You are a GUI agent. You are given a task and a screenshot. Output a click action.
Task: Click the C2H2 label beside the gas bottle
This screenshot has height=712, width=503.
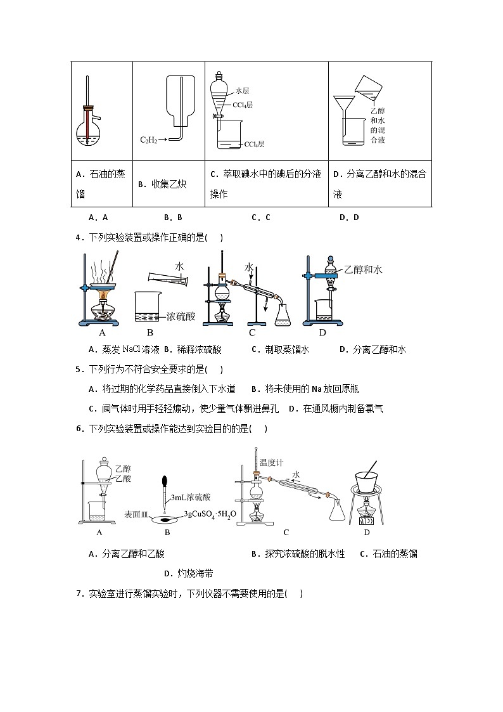tap(149, 139)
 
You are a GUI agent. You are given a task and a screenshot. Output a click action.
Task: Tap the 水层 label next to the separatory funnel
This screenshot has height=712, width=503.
tap(242, 91)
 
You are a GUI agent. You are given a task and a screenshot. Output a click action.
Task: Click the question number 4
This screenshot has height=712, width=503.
tap(79, 238)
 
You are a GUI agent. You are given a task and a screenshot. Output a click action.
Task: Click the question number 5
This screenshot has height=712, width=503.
tap(79, 369)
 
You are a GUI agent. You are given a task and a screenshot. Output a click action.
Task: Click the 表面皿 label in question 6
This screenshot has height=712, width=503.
tap(136, 515)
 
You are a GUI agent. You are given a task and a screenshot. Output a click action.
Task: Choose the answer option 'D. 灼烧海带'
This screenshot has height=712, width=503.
tap(188, 573)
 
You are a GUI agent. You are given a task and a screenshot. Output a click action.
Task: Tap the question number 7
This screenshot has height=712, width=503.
tap(79, 593)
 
